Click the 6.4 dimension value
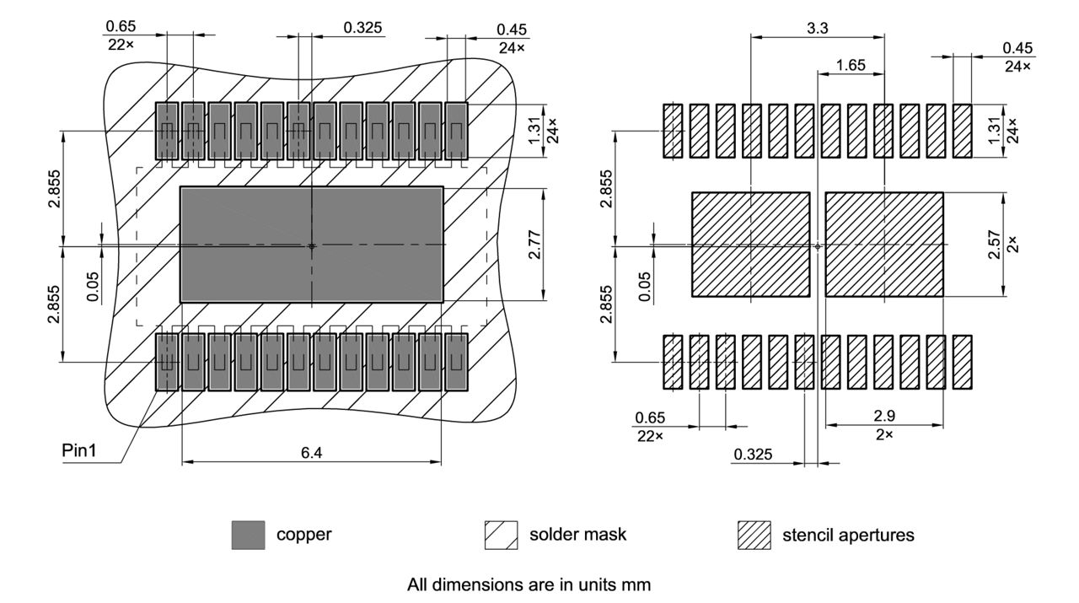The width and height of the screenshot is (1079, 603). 311,452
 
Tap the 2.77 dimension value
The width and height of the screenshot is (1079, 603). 534,245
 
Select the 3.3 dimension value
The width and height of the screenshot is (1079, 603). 817,28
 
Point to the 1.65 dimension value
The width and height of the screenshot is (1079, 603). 851,65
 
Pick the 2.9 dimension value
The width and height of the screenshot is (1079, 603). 883,417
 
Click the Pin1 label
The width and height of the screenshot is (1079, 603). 80,450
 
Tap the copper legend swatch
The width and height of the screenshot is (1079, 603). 248,535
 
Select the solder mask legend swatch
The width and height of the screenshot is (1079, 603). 501,535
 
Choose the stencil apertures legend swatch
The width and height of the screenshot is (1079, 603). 754,535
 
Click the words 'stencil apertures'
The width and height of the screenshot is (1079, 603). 848,535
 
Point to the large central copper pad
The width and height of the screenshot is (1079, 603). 311,245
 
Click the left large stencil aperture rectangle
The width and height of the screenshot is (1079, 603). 750,245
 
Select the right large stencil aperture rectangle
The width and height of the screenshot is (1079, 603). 883,245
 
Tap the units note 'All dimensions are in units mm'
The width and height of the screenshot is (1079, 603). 529,584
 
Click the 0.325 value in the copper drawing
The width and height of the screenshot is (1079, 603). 363,28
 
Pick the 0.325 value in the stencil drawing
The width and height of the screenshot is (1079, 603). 753,455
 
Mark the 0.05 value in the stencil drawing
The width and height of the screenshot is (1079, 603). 645,286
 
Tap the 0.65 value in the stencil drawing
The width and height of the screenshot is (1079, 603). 649,417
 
